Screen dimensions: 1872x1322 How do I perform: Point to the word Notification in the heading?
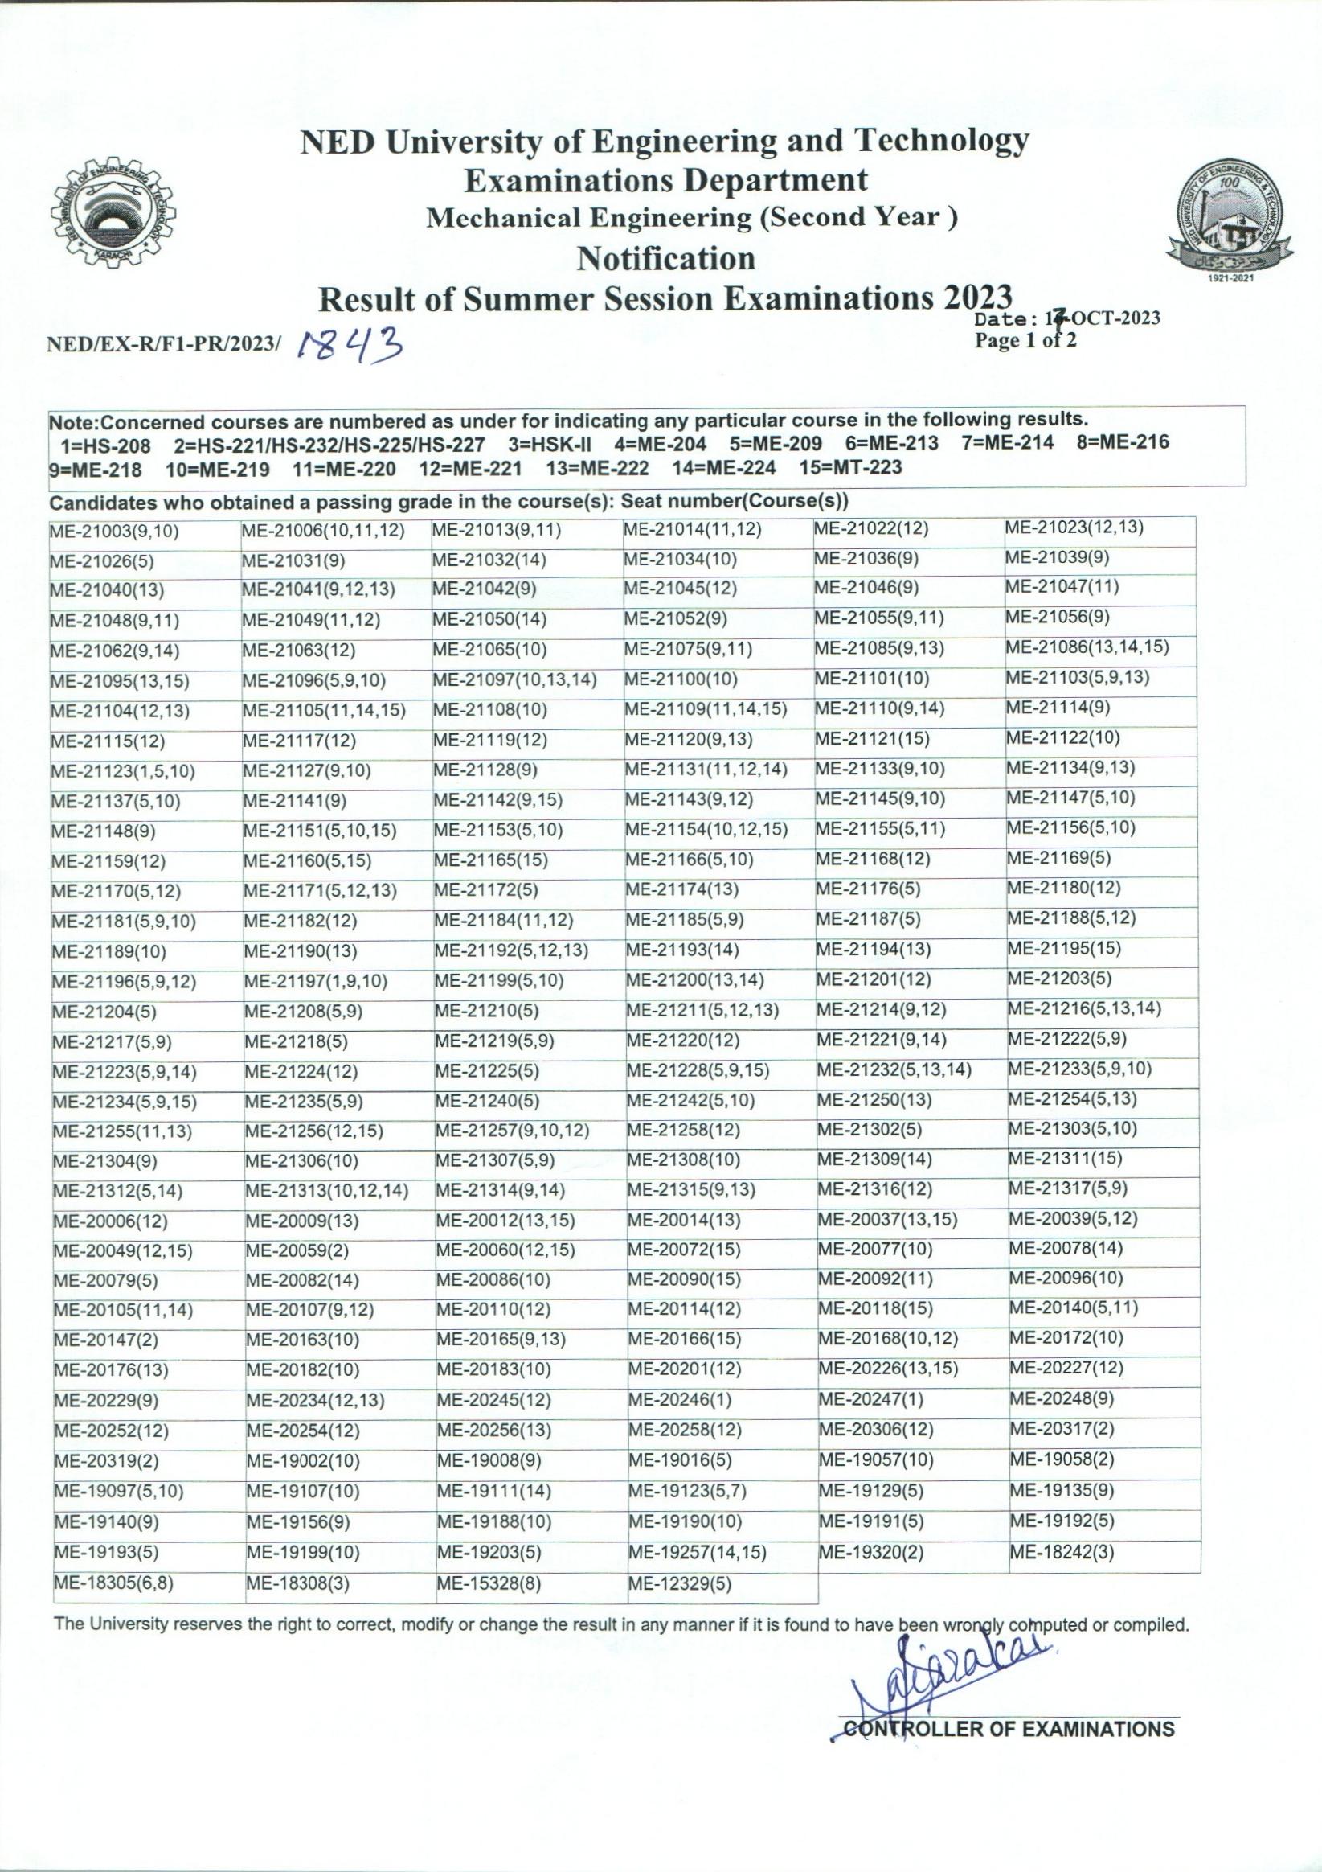(666, 258)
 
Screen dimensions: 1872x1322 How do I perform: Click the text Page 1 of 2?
(1025, 340)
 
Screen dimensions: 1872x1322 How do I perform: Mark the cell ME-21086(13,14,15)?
(1087, 647)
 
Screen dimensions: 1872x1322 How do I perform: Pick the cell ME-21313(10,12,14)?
(327, 1191)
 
